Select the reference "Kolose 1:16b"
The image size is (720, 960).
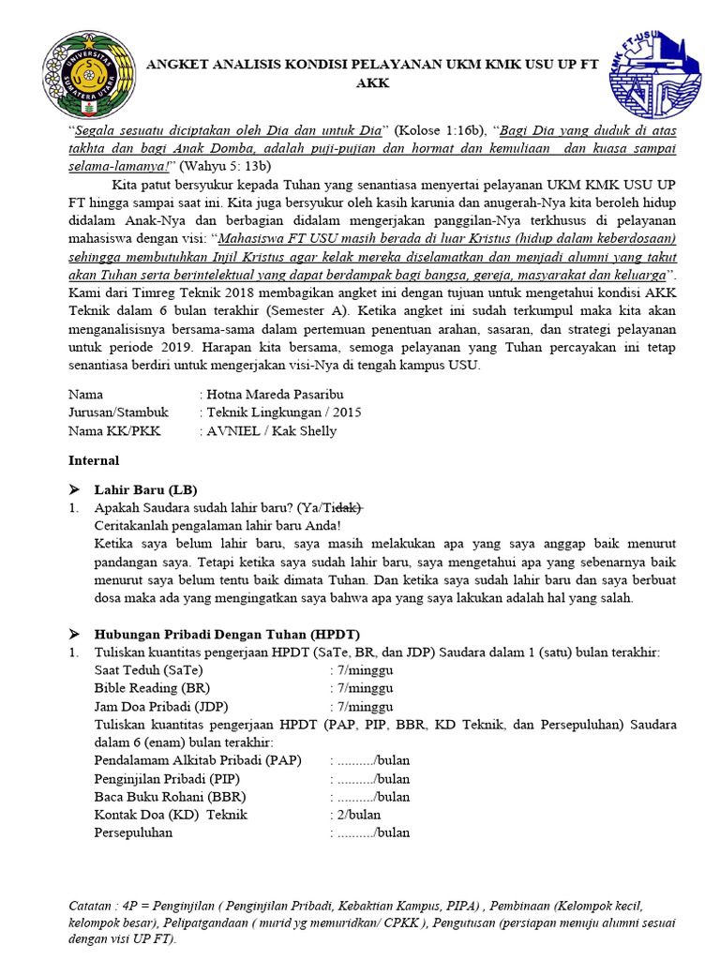(438, 129)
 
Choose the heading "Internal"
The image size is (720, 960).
(95, 460)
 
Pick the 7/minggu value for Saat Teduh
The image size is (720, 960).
(365, 670)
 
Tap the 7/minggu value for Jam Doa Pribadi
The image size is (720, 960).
(365, 706)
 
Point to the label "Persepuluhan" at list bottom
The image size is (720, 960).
(134, 832)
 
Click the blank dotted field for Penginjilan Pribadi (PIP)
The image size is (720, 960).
(356, 778)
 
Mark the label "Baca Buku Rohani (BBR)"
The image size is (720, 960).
(170, 797)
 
